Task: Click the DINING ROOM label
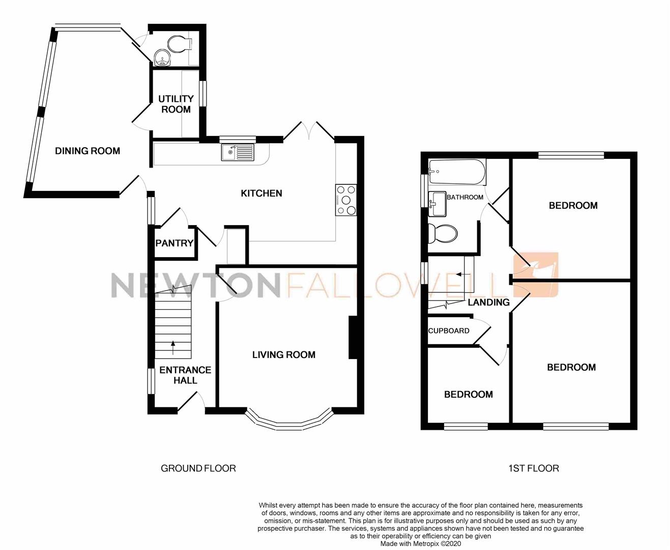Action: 88,151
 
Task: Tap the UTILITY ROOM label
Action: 176,104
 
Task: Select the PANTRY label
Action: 174,243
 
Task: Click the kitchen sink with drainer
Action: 238,152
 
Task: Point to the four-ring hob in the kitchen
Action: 346,200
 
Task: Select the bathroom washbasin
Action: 438,204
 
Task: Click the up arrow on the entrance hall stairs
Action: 173,347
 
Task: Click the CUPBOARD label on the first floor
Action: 449,331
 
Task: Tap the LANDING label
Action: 488,302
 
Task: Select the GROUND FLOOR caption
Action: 198,468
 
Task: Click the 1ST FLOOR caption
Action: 534,468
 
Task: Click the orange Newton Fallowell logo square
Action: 543,274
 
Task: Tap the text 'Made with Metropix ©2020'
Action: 420,543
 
